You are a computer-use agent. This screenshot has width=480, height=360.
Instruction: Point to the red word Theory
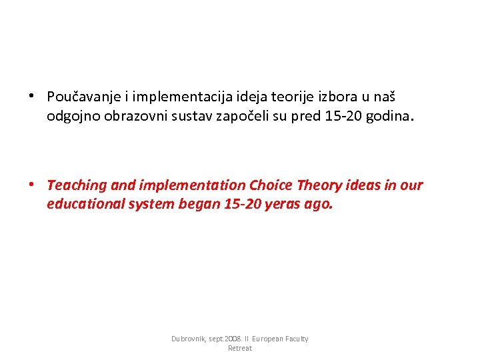(x=317, y=185)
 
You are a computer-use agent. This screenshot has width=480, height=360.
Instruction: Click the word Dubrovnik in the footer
(x=190, y=339)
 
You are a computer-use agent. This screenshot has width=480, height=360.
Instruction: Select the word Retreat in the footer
(x=239, y=349)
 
